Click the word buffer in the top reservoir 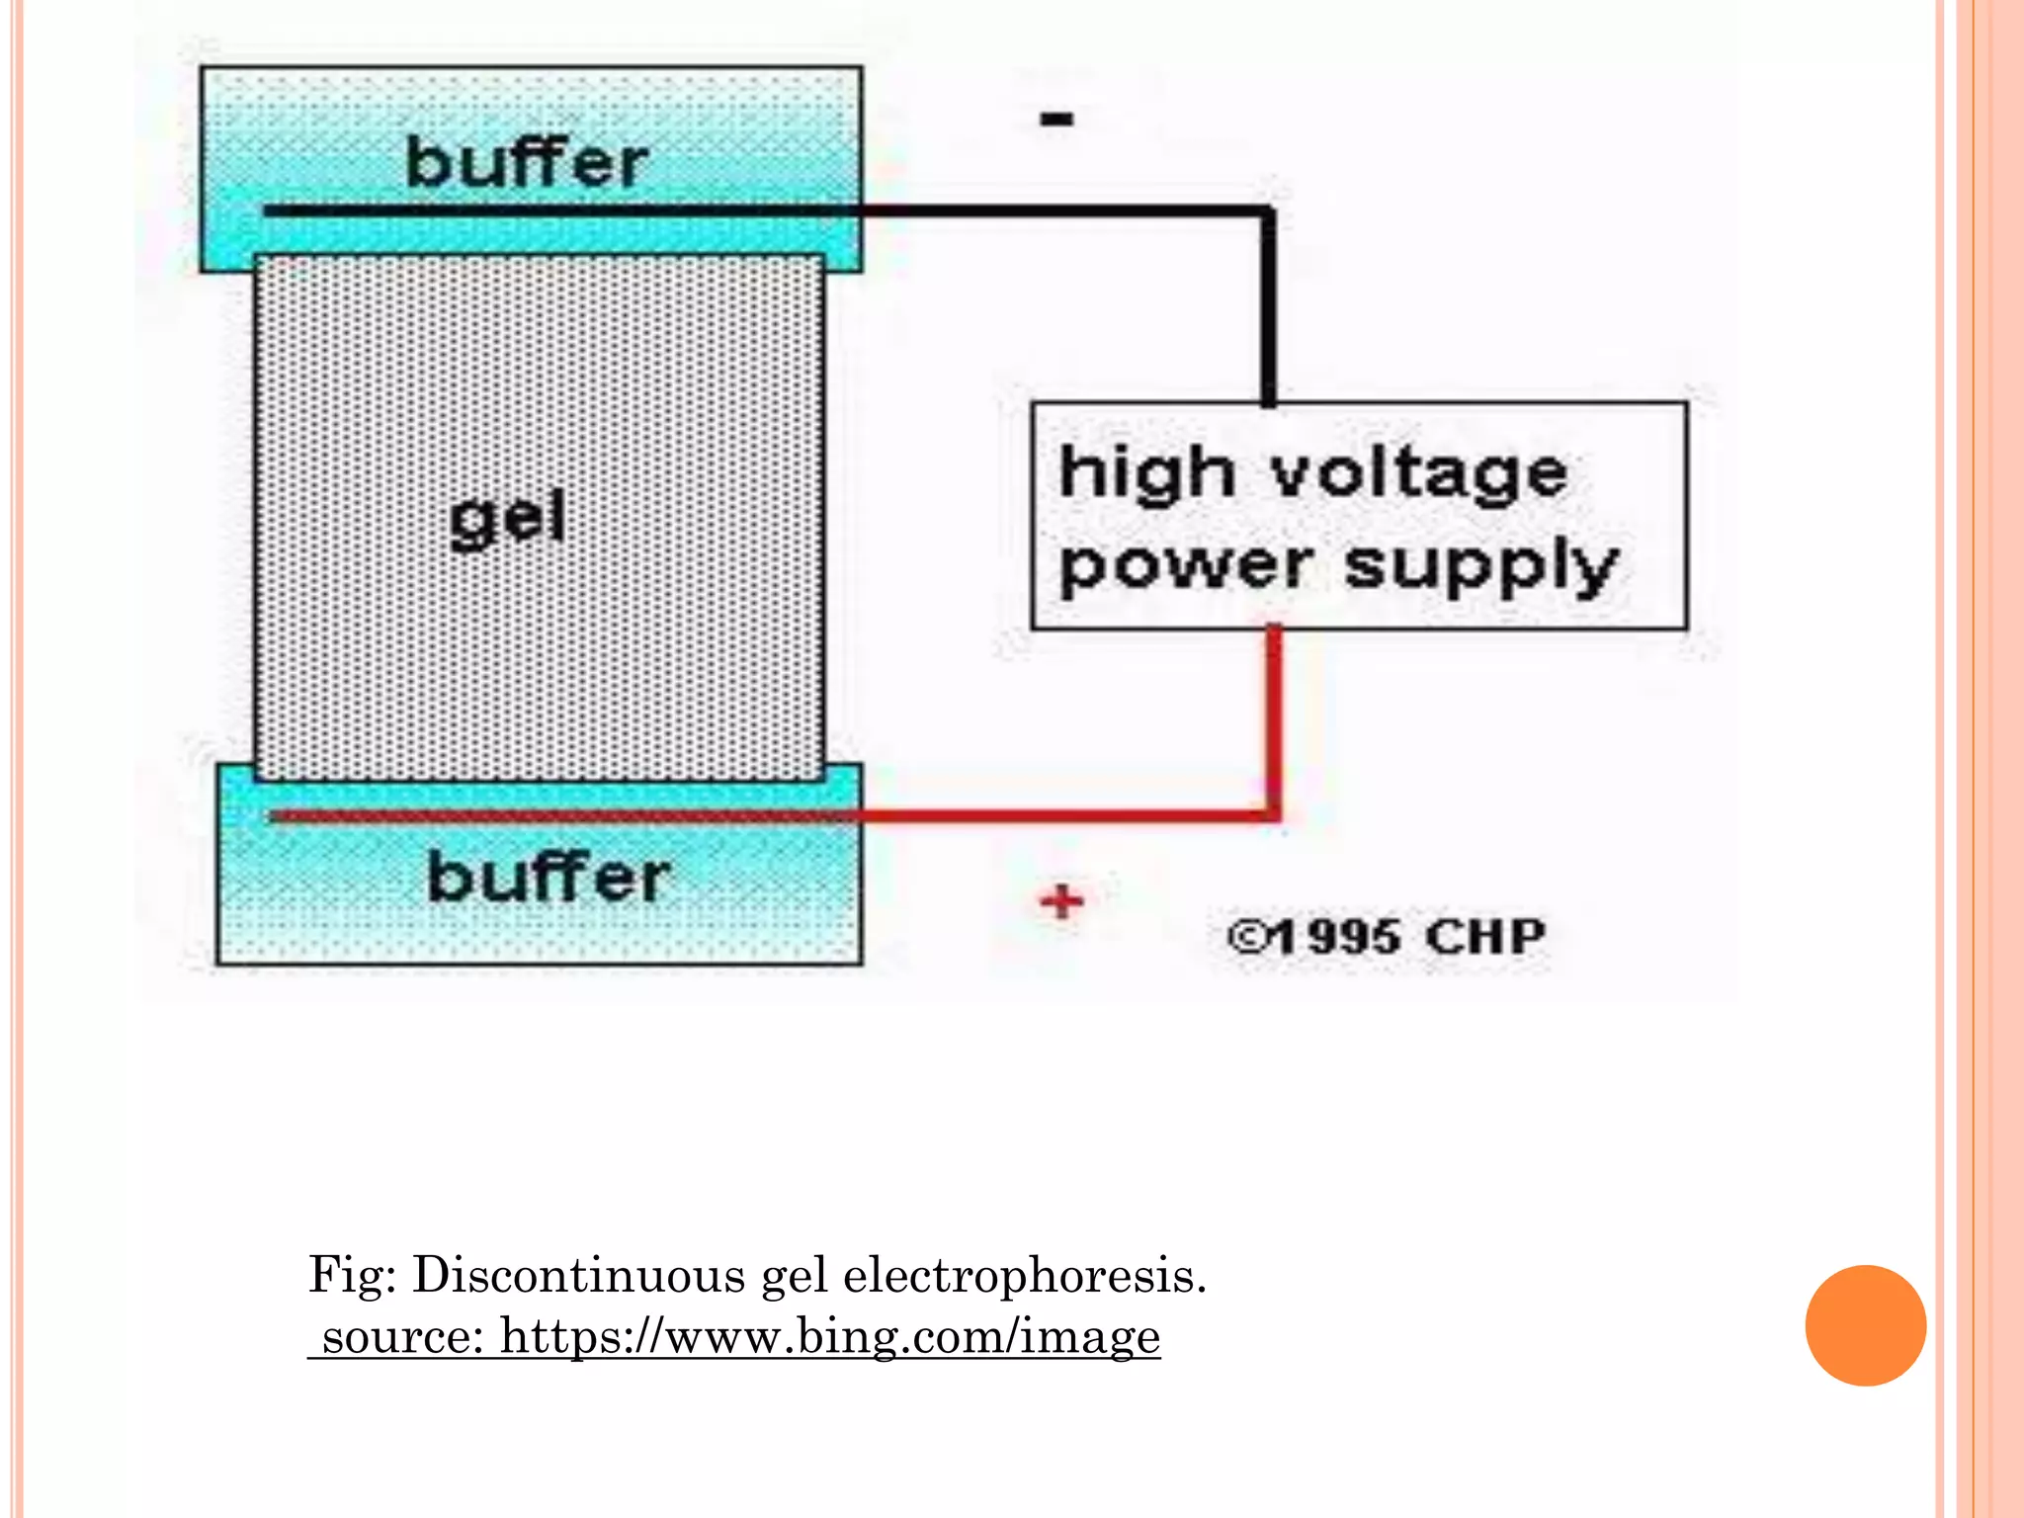(x=527, y=163)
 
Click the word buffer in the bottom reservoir (x=548, y=878)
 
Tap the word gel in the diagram (x=508, y=518)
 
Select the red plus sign (x=1062, y=901)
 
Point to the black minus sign (x=1056, y=120)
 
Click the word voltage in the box (x=1419, y=474)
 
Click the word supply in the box (x=1482, y=568)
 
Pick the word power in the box (x=1186, y=568)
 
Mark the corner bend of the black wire (x=1268, y=212)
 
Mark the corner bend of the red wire (x=1274, y=814)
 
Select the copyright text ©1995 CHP (x=1386, y=937)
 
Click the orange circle (x=1865, y=1325)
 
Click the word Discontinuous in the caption (x=578, y=1275)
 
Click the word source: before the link (x=402, y=1337)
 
